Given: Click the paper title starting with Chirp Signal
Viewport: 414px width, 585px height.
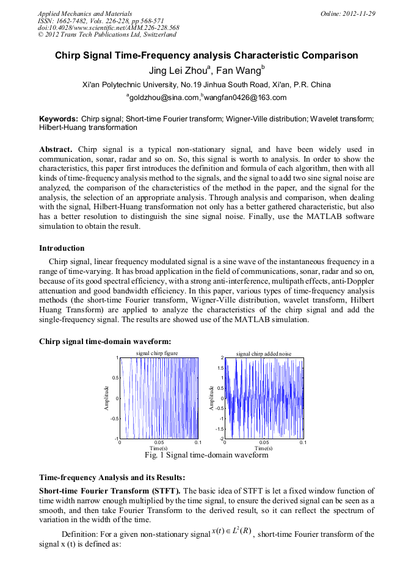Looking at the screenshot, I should [206, 56].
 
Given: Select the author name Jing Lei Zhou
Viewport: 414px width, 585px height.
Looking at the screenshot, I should [177, 70].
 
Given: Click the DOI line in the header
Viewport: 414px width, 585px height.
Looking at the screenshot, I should [108, 27].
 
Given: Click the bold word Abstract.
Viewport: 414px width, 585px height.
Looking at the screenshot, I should [56, 149].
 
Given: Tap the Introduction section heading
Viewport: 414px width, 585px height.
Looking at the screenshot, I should [62, 248].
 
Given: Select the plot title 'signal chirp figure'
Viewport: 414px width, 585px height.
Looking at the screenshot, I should [157, 353].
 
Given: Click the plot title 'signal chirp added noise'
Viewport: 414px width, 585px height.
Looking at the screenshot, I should [264, 353].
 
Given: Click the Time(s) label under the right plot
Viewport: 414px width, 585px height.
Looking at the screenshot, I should [264, 448].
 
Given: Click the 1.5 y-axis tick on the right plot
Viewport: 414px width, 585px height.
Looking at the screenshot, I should [220, 368].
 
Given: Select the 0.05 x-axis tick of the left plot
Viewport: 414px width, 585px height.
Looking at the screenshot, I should [159, 442].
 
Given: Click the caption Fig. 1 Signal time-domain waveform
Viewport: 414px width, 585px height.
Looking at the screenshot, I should [206, 455].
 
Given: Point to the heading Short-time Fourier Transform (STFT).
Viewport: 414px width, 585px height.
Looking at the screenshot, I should [110, 490].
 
